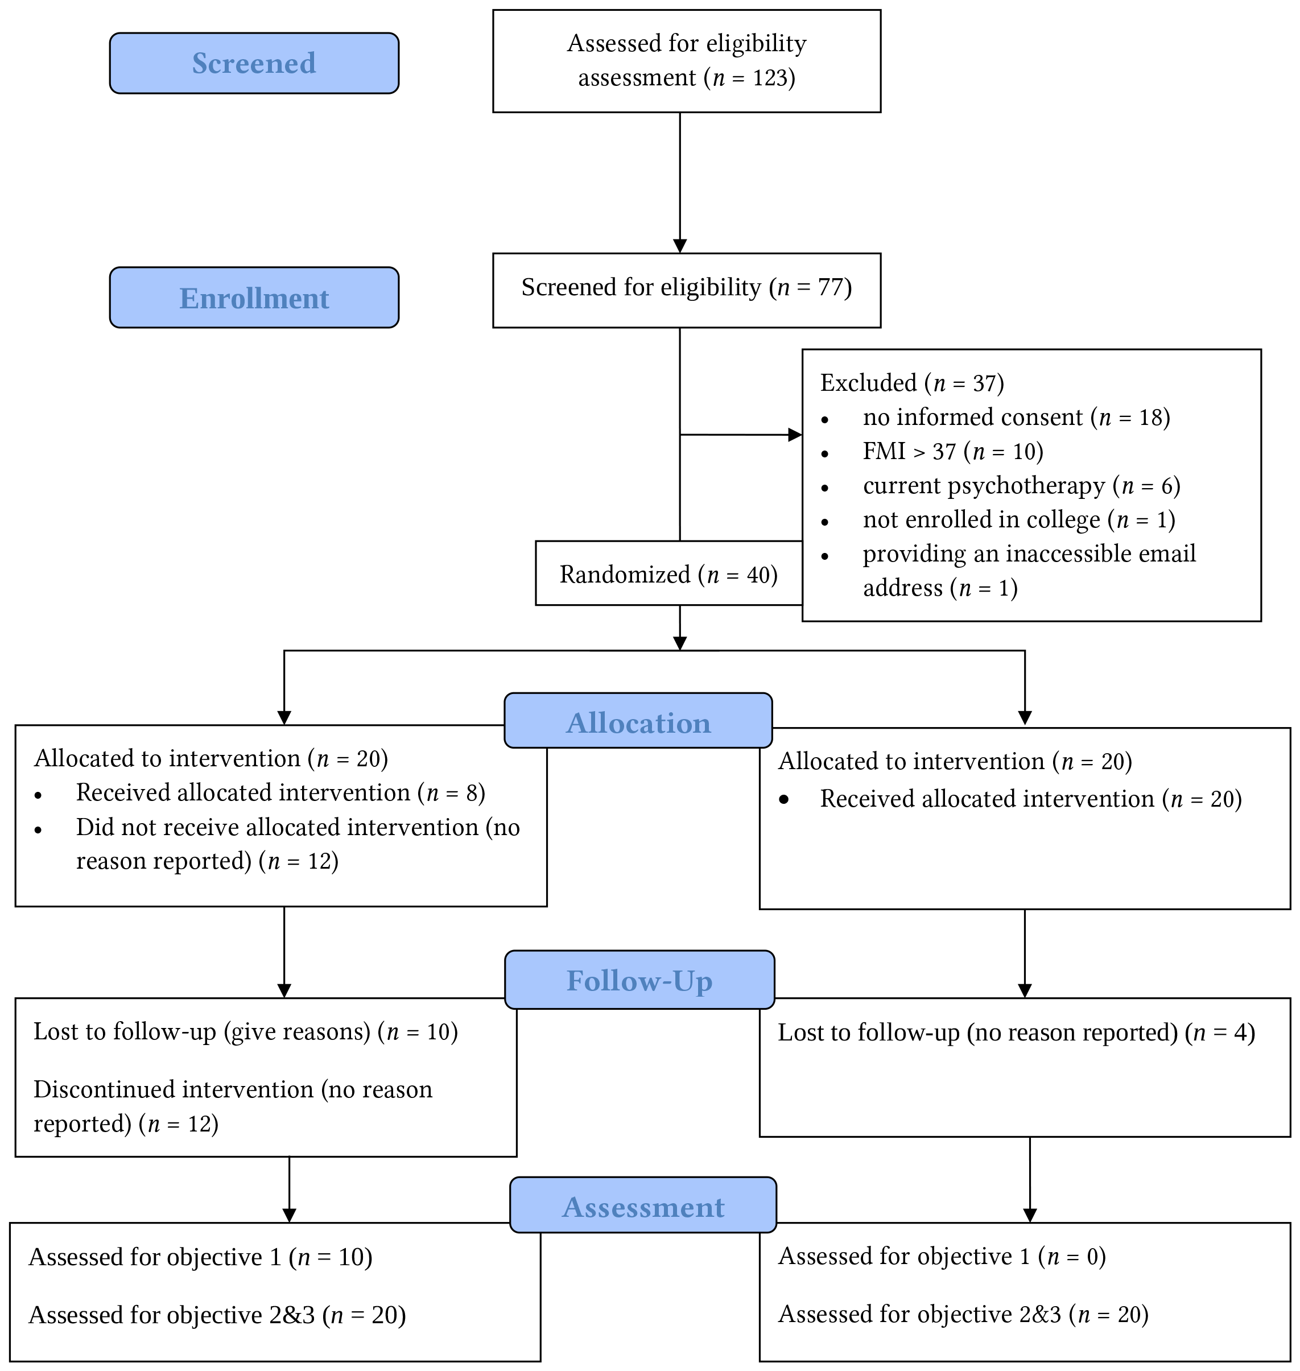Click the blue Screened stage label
click(x=254, y=63)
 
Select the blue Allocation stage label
click(x=638, y=720)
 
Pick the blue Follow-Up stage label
click(x=639, y=980)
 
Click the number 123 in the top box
click(x=770, y=77)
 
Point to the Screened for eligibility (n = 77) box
click(x=687, y=290)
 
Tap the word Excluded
click(x=868, y=382)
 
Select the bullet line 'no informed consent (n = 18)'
click(x=1017, y=417)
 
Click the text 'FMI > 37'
click(x=909, y=451)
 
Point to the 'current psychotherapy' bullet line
click(x=1021, y=486)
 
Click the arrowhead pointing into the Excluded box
click(x=795, y=435)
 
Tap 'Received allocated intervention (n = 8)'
click(x=280, y=792)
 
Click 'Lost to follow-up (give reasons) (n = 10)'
click(x=246, y=1031)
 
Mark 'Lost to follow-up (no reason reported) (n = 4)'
click(x=1017, y=1033)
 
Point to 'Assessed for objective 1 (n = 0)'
click(x=942, y=1256)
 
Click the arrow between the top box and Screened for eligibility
click(x=680, y=183)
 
